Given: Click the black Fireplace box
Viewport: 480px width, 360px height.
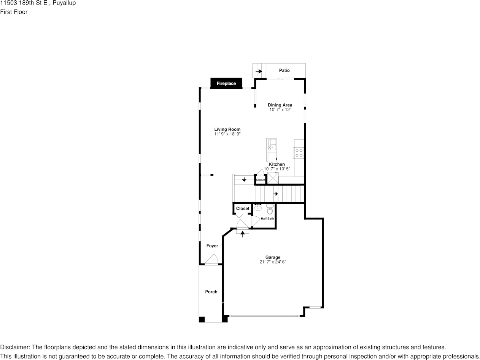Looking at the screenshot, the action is [226, 83].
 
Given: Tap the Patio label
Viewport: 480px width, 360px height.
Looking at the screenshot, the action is [284, 70].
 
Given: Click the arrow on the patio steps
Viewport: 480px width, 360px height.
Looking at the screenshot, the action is [259, 71].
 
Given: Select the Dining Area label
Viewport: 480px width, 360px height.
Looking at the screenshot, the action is [280, 105].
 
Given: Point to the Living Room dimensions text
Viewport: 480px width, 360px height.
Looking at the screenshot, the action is [227, 134].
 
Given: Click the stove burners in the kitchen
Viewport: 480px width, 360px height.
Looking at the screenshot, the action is [299, 153].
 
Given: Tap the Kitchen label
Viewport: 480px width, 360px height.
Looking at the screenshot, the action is [277, 164].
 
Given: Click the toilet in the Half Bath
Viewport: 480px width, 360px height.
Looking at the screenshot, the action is [270, 209].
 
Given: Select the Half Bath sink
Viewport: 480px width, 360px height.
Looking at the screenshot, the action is [258, 207].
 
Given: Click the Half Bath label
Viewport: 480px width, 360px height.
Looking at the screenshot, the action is [267, 218].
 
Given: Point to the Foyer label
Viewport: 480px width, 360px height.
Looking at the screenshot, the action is [212, 246].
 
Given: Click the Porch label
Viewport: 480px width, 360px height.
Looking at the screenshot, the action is [211, 292].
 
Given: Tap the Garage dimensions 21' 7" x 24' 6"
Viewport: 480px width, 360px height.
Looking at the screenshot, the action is [273, 262].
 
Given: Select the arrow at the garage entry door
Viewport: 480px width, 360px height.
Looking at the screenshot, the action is [243, 234].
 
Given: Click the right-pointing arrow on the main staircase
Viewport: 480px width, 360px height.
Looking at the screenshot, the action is [275, 193].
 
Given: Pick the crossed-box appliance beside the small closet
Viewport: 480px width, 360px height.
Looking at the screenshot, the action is [273, 178].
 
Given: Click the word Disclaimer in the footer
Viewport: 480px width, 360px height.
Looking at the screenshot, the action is [15, 347].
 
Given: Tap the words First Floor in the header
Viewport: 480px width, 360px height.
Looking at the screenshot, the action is [14, 12].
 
